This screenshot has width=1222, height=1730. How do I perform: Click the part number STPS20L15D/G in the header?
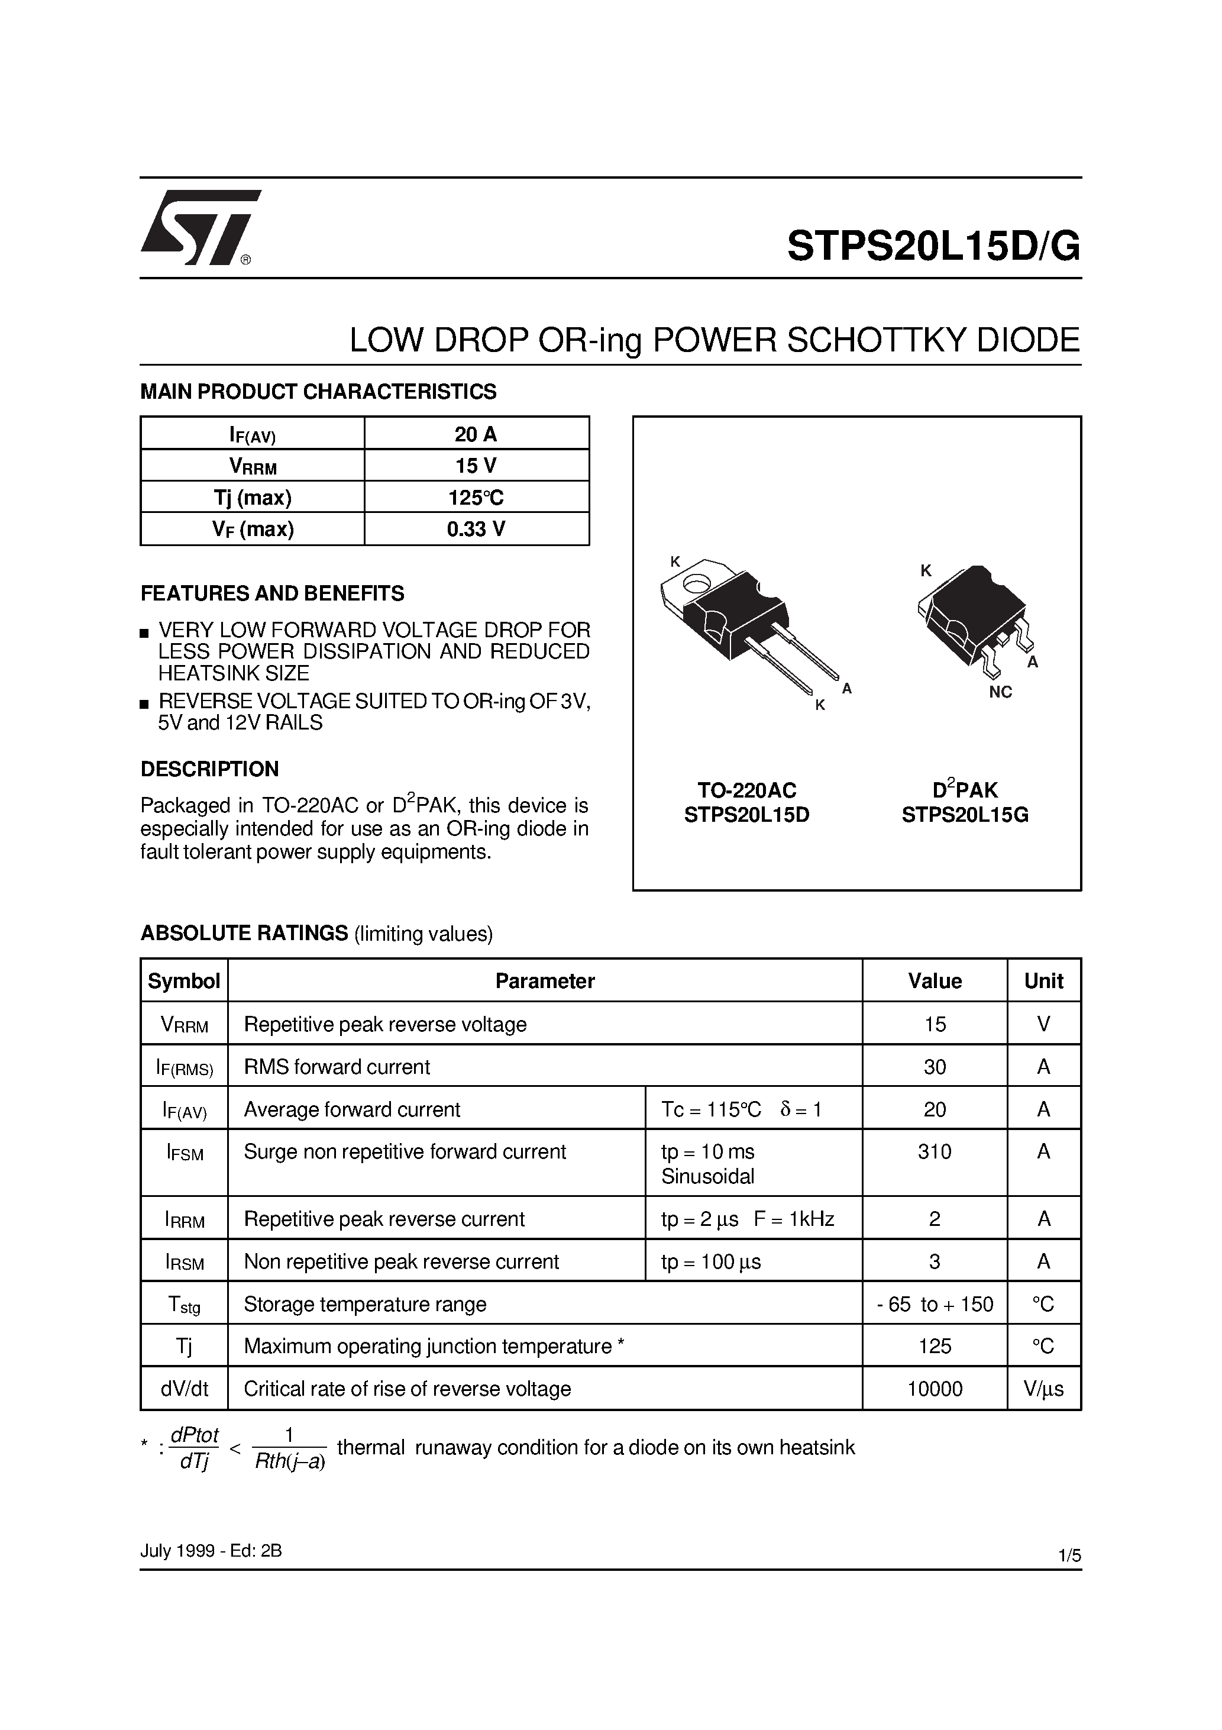tap(933, 246)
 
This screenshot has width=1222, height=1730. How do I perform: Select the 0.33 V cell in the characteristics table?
tap(476, 529)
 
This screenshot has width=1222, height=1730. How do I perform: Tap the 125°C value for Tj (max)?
tap(476, 498)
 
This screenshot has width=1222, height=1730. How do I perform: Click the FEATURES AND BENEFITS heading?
tap(272, 594)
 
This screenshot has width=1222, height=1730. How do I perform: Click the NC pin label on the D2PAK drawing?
tap(1000, 692)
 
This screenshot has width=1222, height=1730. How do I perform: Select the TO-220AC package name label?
tap(746, 790)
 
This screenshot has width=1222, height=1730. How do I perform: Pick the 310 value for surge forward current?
tap(934, 1151)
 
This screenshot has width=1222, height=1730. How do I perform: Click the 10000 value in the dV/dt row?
tap(934, 1389)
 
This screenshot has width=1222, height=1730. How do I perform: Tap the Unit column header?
tap(1043, 981)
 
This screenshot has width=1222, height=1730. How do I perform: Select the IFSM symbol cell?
tap(185, 1153)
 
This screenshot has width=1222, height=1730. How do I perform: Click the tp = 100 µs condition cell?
tap(711, 1262)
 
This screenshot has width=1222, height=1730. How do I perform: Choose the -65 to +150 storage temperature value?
tap(934, 1304)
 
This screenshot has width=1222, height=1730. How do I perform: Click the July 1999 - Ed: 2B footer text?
tap(211, 1551)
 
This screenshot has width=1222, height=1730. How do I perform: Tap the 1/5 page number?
tap(1069, 1555)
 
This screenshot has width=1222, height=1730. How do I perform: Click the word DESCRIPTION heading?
tap(209, 769)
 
